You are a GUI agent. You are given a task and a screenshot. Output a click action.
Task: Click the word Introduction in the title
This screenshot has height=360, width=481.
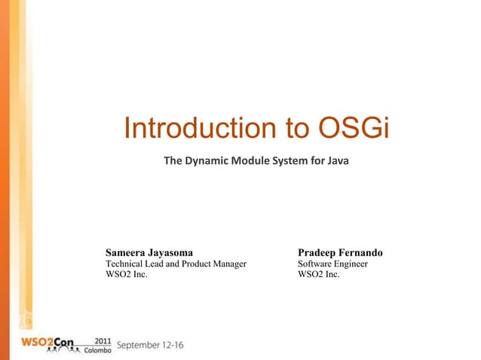[x=198, y=129]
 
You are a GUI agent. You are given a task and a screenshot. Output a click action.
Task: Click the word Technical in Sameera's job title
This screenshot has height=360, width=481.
[x=127, y=264]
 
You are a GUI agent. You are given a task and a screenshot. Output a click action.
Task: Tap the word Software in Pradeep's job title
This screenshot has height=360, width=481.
[x=315, y=264]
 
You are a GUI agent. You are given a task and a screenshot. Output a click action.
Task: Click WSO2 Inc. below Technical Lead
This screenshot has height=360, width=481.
[x=126, y=275]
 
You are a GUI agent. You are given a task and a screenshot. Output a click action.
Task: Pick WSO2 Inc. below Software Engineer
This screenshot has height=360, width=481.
[x=318, y=275]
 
